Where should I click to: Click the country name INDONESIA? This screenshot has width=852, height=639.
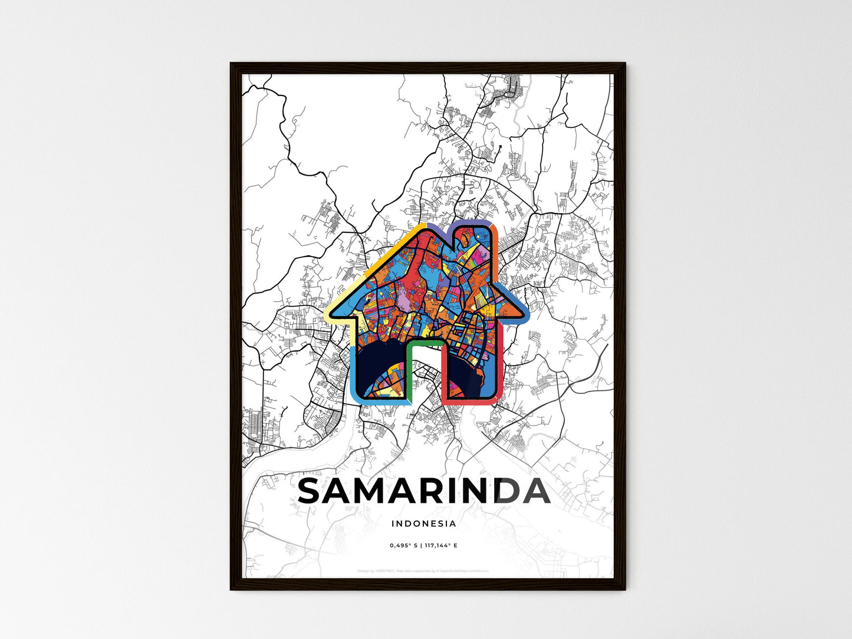(x=423, y=523)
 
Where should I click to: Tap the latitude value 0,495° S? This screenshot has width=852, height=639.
(x=404, y=545)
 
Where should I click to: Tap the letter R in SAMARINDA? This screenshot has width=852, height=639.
(x=441, y=491)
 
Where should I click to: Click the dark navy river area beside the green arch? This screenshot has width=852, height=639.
(x=383, y=365)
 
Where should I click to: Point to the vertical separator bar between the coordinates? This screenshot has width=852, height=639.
(x=421, y=545)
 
